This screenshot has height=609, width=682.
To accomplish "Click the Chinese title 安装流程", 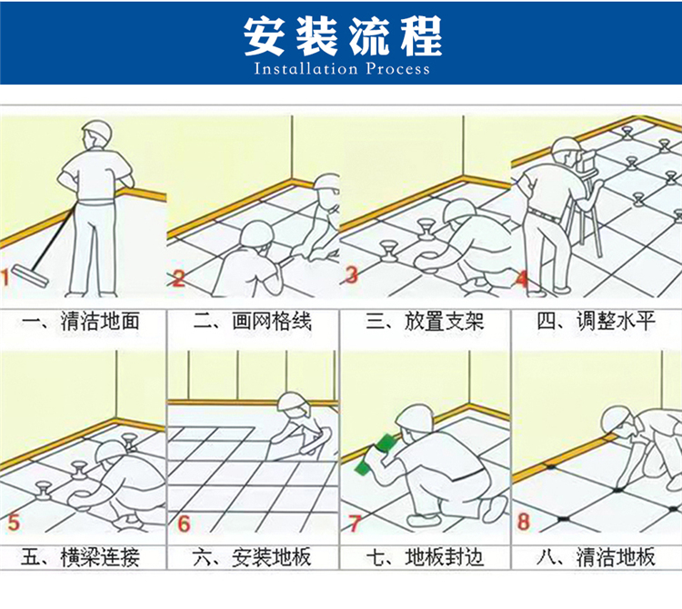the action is click(343, 36).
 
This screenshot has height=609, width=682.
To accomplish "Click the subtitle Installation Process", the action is click(342, 69).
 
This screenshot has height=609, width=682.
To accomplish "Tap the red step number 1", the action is click(5, 278).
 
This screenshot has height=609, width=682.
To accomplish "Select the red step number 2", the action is click(178, 278).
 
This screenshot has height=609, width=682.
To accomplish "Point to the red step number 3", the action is click(351, 275).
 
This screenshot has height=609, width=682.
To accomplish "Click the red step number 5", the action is click(14, 522).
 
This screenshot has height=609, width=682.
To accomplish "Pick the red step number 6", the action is click(184, 524).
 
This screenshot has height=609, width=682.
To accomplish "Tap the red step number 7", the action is click(355, 524).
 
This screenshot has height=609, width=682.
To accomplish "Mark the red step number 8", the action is click(524, 522).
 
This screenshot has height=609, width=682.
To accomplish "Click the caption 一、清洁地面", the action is click(81, 322).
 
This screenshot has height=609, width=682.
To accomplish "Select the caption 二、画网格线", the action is click(253, 322).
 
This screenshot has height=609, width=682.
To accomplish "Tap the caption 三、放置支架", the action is click(425, 322).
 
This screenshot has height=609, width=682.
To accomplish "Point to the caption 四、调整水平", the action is click(596, 322).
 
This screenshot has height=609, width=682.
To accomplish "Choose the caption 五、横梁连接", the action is click(80, 558).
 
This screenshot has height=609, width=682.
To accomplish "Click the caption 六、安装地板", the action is click(252, 558).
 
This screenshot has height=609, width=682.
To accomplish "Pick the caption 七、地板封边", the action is click(425, 558).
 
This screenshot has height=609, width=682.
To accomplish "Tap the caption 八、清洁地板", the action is click(596, 558).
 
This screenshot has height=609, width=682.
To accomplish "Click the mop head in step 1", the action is click(29, 275).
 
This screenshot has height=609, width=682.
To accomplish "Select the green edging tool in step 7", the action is click(373, 454).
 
